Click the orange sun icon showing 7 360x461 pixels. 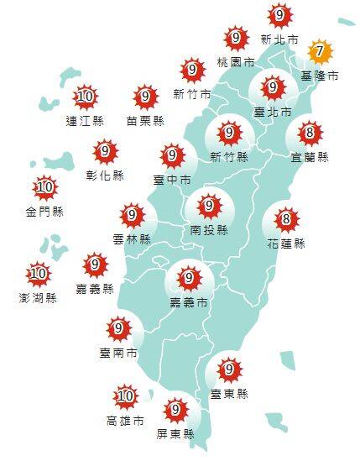click(317, 52)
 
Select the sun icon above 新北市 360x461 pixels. click(279, 15)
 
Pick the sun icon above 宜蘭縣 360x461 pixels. click(310, 133)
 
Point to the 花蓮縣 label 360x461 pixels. click(286, 244)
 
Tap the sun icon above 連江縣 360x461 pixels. click(84, 97)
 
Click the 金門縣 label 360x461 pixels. click(45, 211)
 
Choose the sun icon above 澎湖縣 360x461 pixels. click(39, 273)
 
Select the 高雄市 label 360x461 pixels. click(124, 420)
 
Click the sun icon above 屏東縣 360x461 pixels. click(175, 411)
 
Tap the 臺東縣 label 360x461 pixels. click(228, 393)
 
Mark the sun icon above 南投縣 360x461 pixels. click(208, 204)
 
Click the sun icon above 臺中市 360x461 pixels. click(172, 155)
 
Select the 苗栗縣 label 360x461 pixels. click(145, 120)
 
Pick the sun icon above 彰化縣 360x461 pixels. click(105, 152)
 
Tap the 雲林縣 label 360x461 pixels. click(132, 239)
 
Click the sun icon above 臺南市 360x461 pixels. click(119, 329)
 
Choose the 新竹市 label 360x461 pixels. click(190, 93)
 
